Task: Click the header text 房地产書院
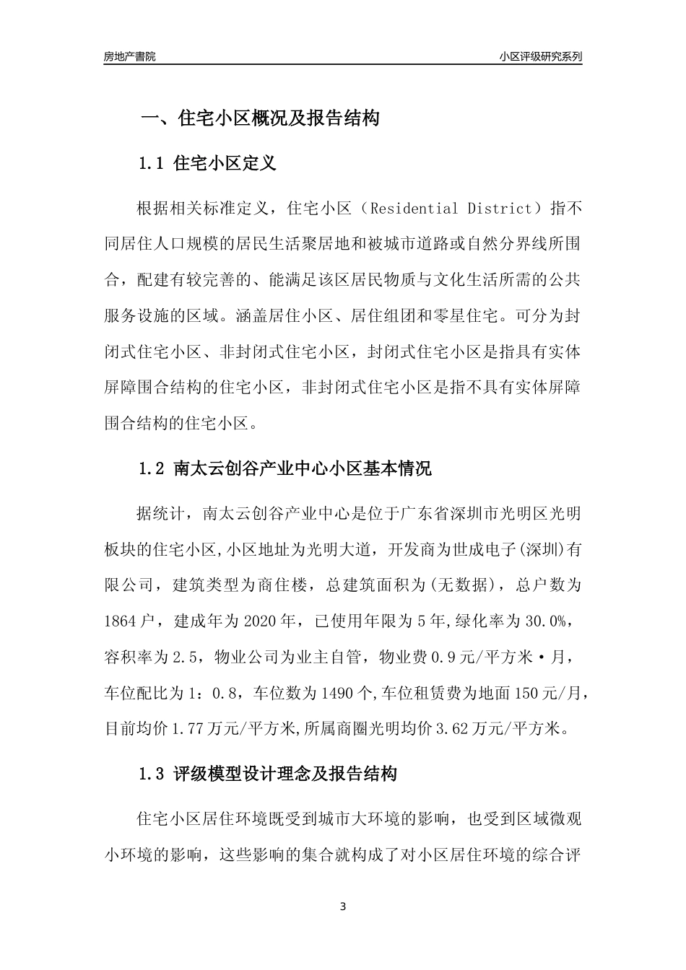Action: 129,56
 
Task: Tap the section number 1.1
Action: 152,163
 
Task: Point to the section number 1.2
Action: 152,469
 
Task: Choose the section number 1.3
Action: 152,774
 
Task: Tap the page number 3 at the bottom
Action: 343,906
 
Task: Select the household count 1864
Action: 121,621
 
